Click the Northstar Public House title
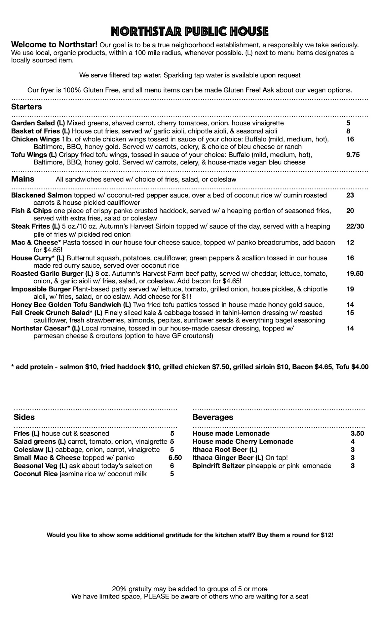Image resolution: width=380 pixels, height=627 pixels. pyautogui.click(x=190, y=31)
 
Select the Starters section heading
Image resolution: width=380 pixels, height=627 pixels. pyautogui.click(x=26, y=107)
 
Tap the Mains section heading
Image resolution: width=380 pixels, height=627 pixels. pyautogui.click(x=23, y=179)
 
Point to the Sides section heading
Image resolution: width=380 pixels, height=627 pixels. pyautogui.click(x=24, y=417)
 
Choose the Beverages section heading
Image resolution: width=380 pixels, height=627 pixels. pyautogui.click(x=213, y=417)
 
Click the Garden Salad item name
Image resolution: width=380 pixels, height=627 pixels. pyautogui.click(x=33, y=123)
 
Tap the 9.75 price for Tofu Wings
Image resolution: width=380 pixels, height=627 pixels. pyautogui.click(x=353, y=155)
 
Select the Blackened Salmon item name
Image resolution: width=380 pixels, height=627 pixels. pyautogui.click(x=41, y=195)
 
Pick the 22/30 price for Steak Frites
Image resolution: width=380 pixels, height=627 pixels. pyautogui.click(x=355, y=226)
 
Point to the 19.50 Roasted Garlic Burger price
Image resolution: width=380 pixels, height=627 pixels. pyautogui.click(x=355, y=273)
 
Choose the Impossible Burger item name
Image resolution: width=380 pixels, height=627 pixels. pyautogui.click(x=41, y=289)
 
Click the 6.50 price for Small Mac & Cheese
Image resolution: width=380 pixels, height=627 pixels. pyautogui.click(x=175, y=458)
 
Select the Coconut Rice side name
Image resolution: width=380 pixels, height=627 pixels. pyautogui.click(x=35, y=474)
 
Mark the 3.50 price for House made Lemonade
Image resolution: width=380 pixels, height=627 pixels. pyautogui.click(x=357, y=434)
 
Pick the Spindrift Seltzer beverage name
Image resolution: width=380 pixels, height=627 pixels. pyautogui.click(x=218, y=466)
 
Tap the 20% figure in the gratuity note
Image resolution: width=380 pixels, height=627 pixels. pyautogui.click(x=118, y=589)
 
